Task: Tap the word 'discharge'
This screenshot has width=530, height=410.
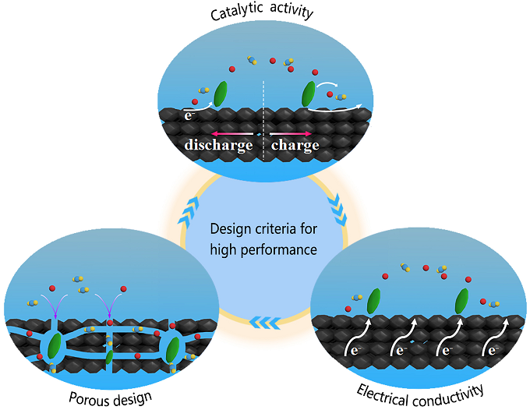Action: pos(218,145)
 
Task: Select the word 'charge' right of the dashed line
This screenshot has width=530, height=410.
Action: pos(295,145)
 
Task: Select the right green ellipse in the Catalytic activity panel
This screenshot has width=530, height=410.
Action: pos(309,94)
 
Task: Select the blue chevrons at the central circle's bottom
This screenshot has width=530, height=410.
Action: pos(266,318)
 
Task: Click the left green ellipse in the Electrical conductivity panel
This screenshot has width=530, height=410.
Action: pos(373,300)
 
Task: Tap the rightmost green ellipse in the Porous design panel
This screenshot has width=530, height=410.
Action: pos(173,349)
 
